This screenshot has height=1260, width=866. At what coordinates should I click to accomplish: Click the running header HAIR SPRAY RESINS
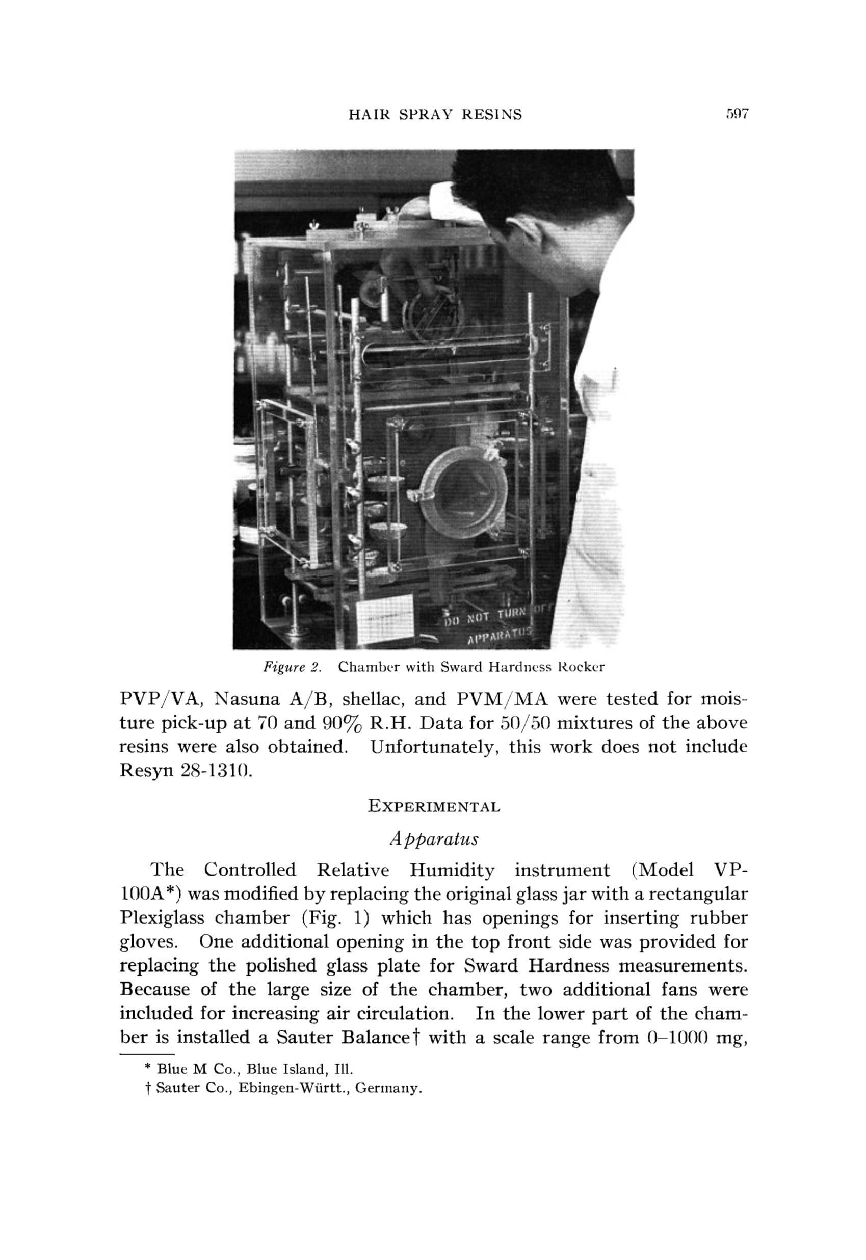point(435,115)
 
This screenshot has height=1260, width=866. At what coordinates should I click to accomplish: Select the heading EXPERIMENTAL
point(434,807)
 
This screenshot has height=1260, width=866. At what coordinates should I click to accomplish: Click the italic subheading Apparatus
point(434,839)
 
